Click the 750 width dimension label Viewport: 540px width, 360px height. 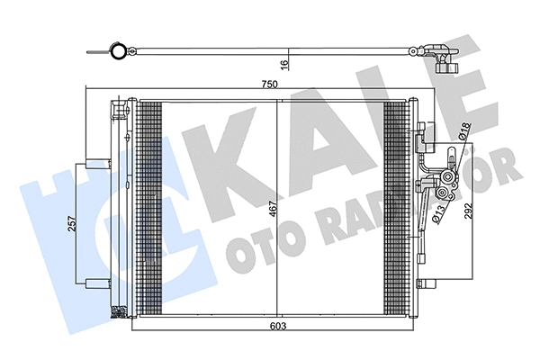(x=269, y=84)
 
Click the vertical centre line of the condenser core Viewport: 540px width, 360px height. (x=278, y=209)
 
